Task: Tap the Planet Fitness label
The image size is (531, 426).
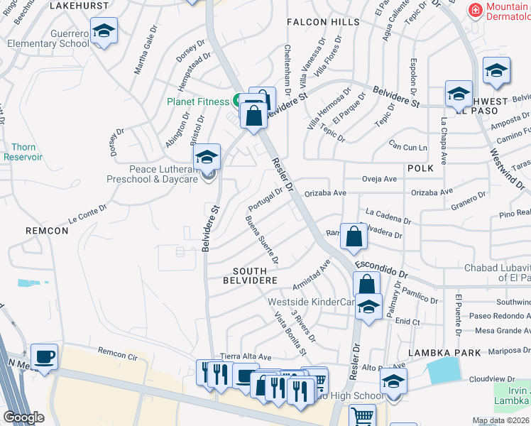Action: click(198, 102)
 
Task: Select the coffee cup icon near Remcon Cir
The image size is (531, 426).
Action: click(44, 357)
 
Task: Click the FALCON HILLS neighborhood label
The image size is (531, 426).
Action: click(317, 23)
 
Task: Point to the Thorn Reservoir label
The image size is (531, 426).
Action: click(23, 151)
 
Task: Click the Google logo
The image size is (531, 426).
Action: click(23, 417)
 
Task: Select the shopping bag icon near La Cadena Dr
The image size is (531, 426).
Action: click(354, 236)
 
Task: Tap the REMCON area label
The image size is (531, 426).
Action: click(47, 231)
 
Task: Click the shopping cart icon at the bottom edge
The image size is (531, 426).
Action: click(363, 416)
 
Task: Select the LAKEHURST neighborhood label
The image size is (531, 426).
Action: click(80, 6)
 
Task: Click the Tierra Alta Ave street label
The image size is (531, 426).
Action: click(246, 356)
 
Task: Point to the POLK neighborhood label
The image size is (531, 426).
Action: click(420, 168)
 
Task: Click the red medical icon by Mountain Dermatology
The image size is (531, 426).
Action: click(476, 10)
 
